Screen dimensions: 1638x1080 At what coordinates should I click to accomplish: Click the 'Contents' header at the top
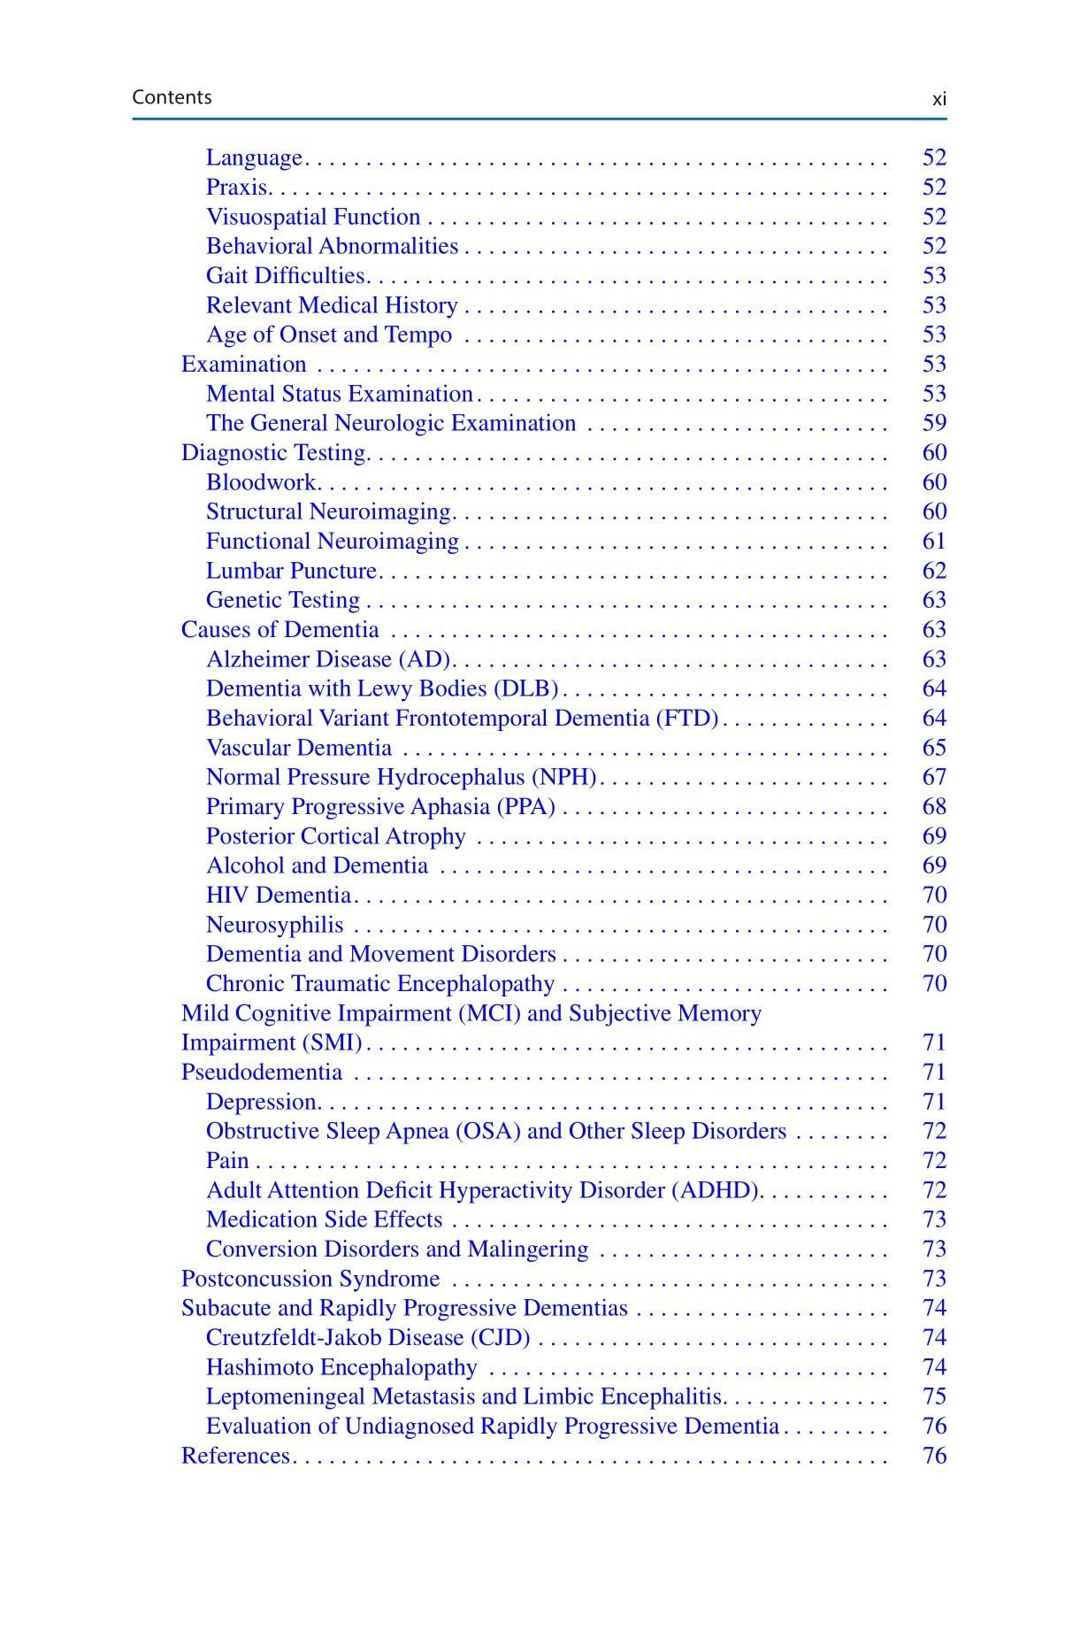(x=172, y=97)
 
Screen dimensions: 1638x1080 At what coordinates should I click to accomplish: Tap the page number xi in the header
(x=938, y=99)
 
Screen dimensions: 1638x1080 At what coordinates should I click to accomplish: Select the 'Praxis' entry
(x=236, y=187)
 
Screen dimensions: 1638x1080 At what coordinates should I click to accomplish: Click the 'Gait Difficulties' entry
(x=285, y=275)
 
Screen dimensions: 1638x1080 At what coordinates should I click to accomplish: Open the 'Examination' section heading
(x=243, y=364)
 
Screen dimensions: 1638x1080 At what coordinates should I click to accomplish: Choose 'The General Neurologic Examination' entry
(x=391, y=423)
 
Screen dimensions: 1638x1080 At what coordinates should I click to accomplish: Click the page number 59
(x=934, y=423)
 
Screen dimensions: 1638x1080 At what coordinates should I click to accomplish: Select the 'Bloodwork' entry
(x=261, y=482)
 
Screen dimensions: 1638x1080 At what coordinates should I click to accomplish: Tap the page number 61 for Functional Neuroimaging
(x=934, y=541)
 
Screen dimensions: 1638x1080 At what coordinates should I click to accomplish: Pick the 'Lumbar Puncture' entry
(x=292, y=571)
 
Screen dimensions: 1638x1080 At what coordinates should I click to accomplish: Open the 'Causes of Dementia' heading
(x=280, y=629)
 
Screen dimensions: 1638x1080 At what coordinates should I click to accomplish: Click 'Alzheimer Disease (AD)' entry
(x=328, y=659)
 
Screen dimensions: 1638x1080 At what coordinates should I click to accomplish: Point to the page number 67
(x=934, y=777)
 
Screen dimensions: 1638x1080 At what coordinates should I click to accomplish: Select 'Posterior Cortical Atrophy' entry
(x=335, y=836)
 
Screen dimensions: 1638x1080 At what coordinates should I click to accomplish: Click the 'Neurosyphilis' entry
(x=274, y=925)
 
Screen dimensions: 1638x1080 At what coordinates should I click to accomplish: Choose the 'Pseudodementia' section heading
(x=261, y=1072)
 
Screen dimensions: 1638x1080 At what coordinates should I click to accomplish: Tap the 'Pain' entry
(x=227, y=1160)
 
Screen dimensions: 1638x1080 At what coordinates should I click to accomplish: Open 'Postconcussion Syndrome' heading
(x=310, y=1279)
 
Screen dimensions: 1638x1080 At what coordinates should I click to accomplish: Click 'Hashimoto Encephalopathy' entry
(x=341, y=1367)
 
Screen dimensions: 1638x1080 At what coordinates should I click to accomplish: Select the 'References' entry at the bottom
(x=235, y=1456)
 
